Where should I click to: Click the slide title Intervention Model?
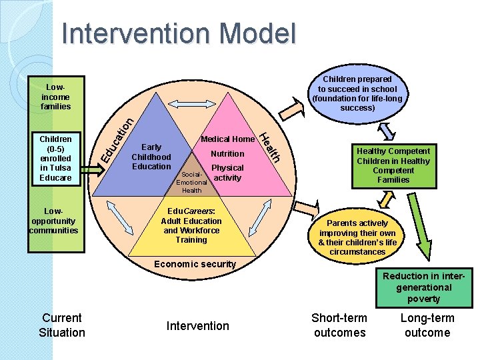tap(179, 33)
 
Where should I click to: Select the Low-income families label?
tap(55, 97)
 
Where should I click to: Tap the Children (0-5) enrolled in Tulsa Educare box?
tap(55, 159)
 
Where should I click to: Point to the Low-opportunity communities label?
tap(54, 221)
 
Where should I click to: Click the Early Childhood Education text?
tap(151, 157)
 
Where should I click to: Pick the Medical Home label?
tap(227, 139)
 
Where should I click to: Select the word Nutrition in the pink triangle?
tap(227, 153)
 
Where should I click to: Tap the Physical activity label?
tap(227, 173)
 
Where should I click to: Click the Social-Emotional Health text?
tap(191, 183)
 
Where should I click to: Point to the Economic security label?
tap(195, 264)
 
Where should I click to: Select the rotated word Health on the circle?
tap(270, 145)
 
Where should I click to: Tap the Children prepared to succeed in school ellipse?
tap(357, 93)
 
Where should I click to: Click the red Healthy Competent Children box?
tap(393, 165)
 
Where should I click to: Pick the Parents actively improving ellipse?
tap(357, 237)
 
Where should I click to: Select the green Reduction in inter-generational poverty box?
tap(423, 287)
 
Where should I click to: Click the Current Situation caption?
tap(62, 325)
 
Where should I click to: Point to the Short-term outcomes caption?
tap(339, 325)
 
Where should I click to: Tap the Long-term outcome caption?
tap(427, 325)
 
